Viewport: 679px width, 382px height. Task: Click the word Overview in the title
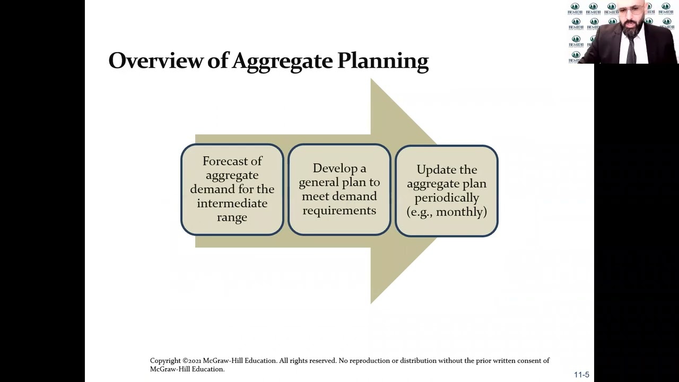(x=155, y=60)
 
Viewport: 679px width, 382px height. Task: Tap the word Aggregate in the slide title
(x=282, y=62)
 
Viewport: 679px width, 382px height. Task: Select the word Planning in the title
(x=382, y=62)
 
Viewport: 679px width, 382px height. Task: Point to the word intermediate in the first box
(x=232, y=203)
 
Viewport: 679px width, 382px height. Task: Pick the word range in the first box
(x=232, y=217)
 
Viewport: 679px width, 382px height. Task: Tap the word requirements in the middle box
(x=339, y=210)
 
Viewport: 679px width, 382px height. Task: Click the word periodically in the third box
(x=447, y=198)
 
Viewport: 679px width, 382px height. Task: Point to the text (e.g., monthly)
(x=447, y=212)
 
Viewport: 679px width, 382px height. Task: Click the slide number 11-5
(x=581, y=375)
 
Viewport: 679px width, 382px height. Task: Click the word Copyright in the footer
(x=165, y=361)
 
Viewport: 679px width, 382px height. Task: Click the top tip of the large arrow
(x=371, y=79)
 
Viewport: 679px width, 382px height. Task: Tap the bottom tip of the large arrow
(x=371, y=303)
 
